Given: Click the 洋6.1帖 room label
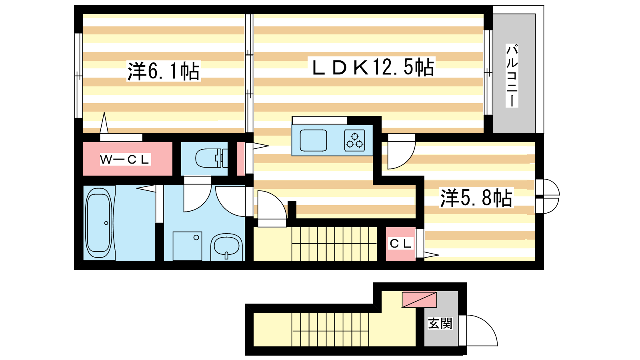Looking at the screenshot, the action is coord(164,71).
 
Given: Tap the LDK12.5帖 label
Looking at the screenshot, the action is coord(373,67).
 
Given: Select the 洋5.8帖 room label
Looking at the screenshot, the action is coord(476,198).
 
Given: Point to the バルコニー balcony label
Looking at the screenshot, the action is coord(512,76).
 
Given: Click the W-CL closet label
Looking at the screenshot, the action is coord(125,160).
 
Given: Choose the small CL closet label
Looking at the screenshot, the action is coord(400,244).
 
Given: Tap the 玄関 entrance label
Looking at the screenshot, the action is coord(440,324).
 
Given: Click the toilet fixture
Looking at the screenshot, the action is coord(212,158).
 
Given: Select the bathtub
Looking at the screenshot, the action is coord(99,223).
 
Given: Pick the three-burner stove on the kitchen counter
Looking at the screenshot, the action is coord(354,140).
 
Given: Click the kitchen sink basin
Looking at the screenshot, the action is coord(313,140).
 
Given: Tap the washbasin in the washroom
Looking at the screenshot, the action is coord(226,247).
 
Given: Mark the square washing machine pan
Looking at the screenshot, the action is coord(188,246).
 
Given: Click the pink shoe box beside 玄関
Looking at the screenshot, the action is coord(420,300).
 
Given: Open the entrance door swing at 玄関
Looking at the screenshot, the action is coord(478,330).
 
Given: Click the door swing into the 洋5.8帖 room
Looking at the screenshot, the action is coord(401,152).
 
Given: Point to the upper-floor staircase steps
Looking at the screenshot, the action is coord(334,244).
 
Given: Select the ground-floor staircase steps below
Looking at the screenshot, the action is coord(330,330).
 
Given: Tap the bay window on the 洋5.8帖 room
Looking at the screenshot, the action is coord(547,196).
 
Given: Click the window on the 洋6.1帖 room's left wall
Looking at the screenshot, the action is coord(78,76).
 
